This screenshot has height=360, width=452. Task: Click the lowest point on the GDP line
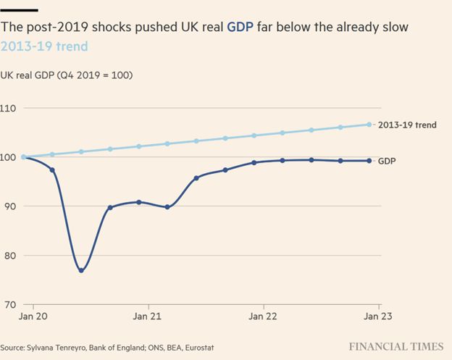pyautogui.click(x=81, y=270)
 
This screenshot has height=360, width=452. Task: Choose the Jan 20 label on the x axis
pyautogui.click(x=34, y=317)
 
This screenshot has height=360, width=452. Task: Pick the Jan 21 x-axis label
pyautogui.click(x=147, y=317)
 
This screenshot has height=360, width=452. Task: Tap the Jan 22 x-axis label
pyautogui.click(x=262, y=317)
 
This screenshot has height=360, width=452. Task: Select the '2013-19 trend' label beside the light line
pyautogui.click(x=407, y=125)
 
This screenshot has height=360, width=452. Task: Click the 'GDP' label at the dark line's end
pyautogui.click(x=387, y=161)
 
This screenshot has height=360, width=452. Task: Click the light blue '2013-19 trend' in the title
pyautogui.click(x=44, y=46)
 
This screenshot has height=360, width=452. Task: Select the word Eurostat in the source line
pyautogui.click(x=198, y=347)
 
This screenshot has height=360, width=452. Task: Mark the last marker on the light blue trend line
pyautogui.click(x=369, y=125)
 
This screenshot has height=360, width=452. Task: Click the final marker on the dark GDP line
pyautogui.click(x=369, y=161)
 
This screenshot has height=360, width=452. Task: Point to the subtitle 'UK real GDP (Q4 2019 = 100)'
pyautogui.click(x=67, y=75)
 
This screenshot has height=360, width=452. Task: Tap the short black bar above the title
pyautogui.click(x=19, y=9)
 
